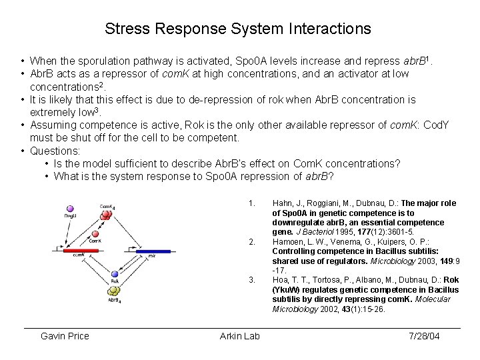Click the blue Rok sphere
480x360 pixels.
pos(115,273)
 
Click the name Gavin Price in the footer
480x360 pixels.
pos(65,336)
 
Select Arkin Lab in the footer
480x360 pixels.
pos(240,336)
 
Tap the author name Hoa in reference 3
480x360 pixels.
pos(280,280)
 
